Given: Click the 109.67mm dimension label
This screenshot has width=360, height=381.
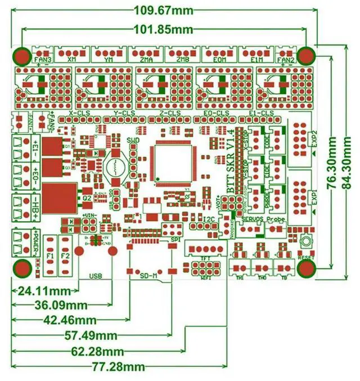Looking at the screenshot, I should [163, 10].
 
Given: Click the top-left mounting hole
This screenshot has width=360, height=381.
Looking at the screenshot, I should [22, 56].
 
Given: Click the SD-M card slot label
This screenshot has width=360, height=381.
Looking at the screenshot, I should [146, 276].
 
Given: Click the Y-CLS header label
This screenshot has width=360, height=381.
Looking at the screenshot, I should [124, 113].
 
